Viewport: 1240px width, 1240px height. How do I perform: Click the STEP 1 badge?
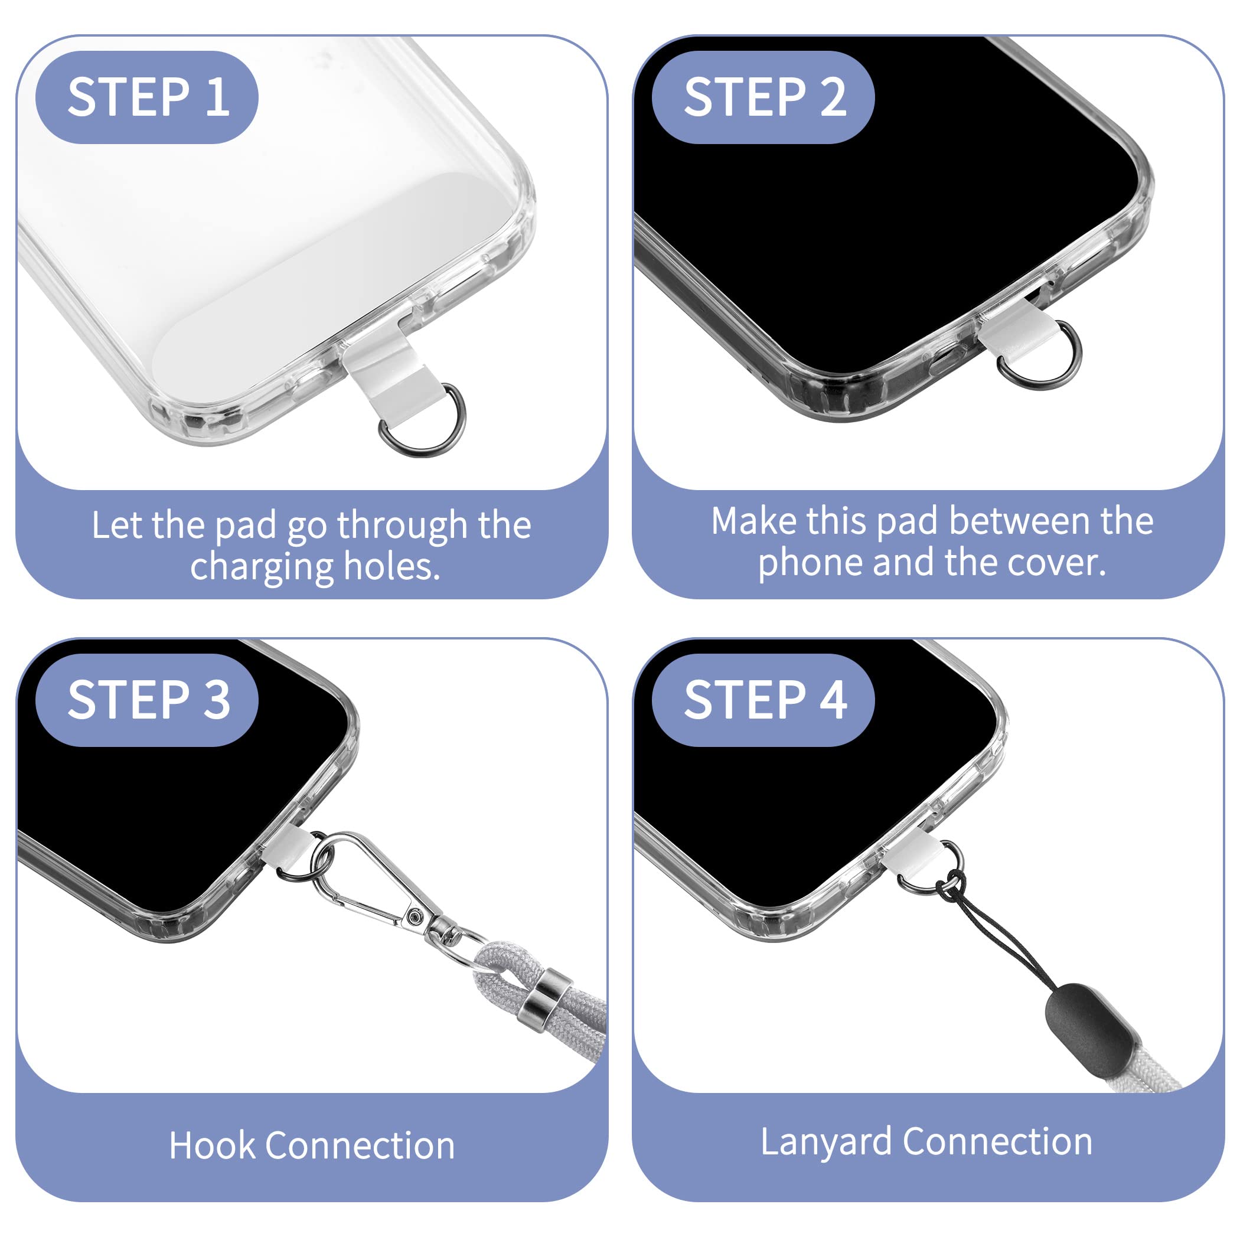(x=146, y=97)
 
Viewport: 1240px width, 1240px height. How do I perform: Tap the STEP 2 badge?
(x=763, y=97)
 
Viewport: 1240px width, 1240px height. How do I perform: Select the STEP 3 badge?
(x=146, y=700)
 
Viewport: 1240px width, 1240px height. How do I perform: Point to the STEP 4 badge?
(x=763, y=700)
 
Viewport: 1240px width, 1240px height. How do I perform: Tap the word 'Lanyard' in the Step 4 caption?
(x=826, y=1143)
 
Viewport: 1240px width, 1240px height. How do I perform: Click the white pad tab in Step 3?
(x=288, y=849)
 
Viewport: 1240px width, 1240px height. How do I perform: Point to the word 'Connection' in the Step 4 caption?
(x=998, y=1142)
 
